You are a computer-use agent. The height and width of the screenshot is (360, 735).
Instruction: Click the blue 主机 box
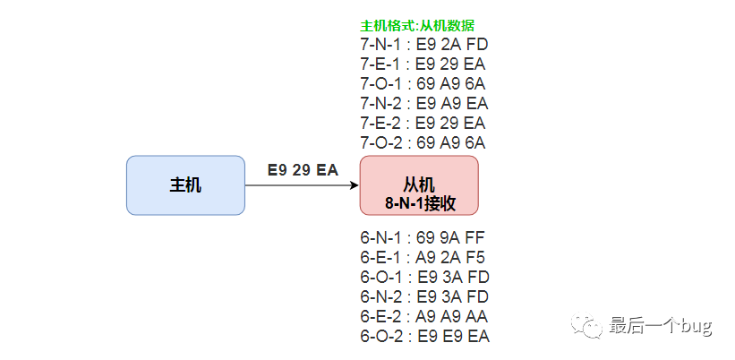(185, 185)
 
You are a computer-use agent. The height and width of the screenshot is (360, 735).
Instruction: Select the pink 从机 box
(419, 185)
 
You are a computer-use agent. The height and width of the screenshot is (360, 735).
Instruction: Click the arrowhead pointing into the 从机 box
(355, 185)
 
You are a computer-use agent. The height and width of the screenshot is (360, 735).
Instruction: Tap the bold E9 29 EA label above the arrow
(303, 169)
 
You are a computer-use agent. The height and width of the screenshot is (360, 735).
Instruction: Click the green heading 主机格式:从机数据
(418, 25)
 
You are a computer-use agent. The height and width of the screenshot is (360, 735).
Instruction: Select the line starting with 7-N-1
(424, 45)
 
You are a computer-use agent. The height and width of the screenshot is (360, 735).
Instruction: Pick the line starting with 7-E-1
(423, 64)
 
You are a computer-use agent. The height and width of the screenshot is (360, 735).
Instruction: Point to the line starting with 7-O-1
(423, 84)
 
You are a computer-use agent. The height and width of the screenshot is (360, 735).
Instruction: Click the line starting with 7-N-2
(424, 104)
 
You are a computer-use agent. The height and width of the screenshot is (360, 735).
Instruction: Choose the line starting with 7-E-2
(423, 124)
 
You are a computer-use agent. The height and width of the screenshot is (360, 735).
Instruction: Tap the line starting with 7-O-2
(423, 143)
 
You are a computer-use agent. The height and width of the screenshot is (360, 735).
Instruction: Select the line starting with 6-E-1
(423, 257)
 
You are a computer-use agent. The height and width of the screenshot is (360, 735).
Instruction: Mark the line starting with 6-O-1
(424, 277)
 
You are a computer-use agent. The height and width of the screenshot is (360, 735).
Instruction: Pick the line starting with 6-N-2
(424, 296)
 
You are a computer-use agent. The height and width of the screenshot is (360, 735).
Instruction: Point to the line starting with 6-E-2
(424, 316)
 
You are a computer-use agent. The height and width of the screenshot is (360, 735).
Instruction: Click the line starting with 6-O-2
(425, 336)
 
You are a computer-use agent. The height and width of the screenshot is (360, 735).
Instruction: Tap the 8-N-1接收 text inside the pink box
(420, 204)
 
